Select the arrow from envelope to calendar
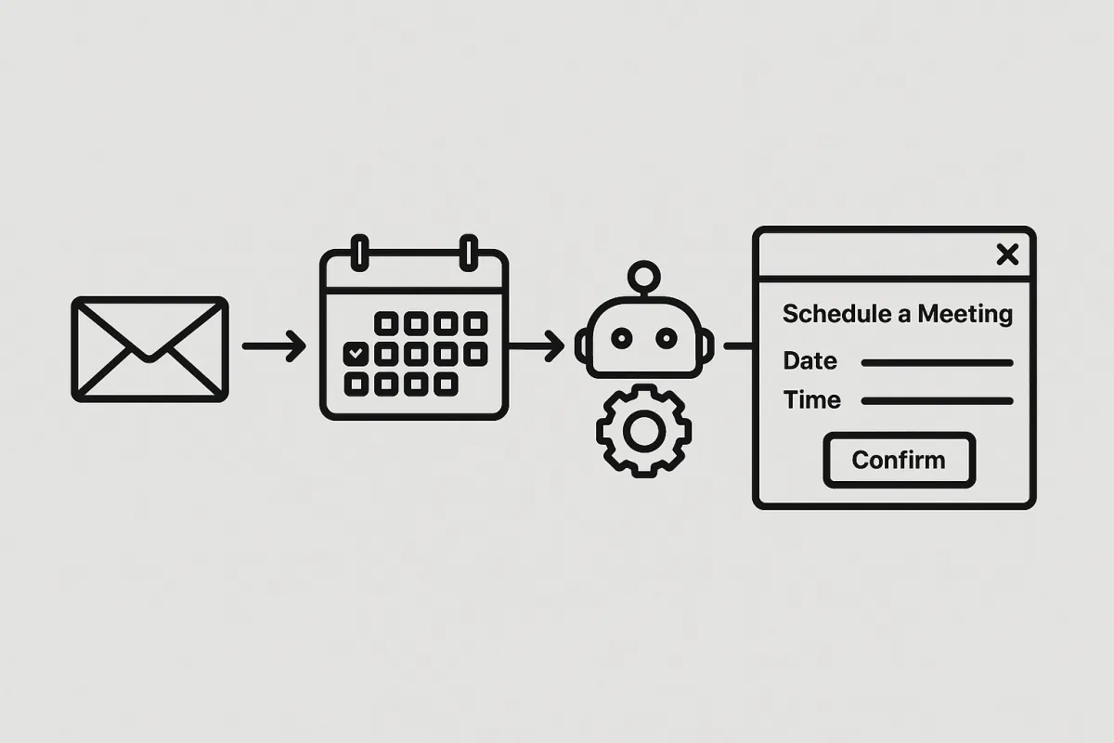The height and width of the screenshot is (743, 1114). point(274,345)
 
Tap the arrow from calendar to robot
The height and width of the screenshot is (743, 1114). point(537,345)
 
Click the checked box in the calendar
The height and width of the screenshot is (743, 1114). point(356,354)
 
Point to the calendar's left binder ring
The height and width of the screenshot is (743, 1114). point(359,253)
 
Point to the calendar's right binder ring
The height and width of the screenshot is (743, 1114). point(469,253)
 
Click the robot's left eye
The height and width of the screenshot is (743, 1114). point(622,339)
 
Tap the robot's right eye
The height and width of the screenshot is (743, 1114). point(667,339)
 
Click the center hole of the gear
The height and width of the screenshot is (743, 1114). point(644,431)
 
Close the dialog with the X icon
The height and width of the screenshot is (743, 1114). point(1007,254)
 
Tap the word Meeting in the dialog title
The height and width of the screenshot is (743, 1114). point(965,315)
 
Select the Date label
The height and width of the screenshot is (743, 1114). point(810,360)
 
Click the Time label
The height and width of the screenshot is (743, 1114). point(812,400)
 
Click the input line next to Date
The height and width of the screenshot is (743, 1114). point(938,363)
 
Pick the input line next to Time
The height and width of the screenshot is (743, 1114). point(938,401)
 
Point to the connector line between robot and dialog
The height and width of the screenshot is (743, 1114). point(739,345)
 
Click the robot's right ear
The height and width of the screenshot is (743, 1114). point(707,345)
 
